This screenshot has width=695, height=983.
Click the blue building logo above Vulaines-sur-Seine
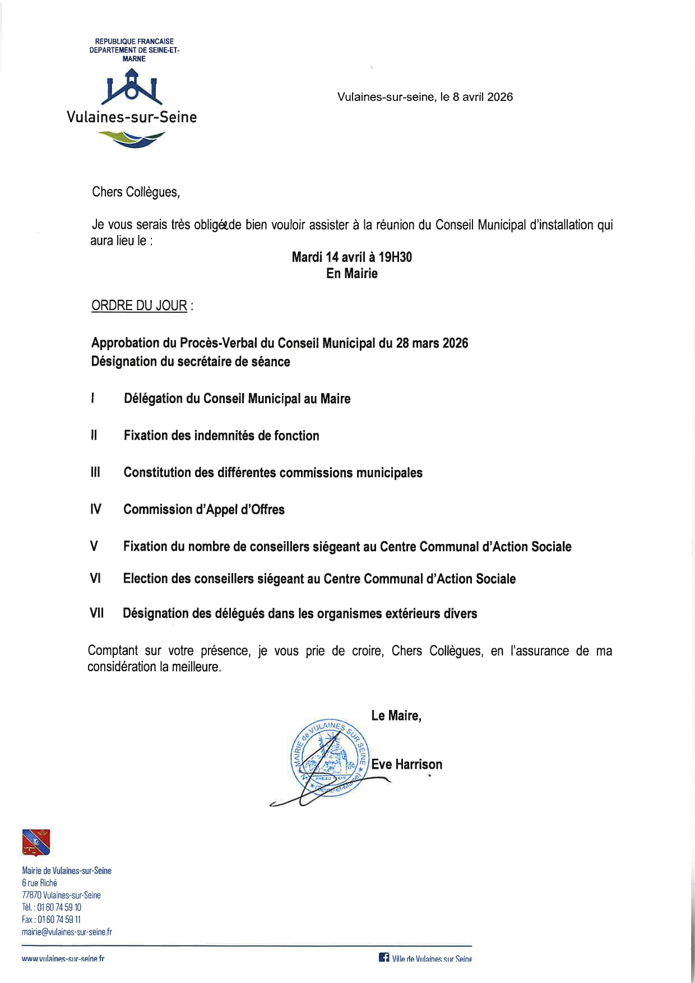(x=132, y=87)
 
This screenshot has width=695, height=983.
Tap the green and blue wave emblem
(x=132, y=138)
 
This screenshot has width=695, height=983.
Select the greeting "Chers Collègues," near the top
(x=136, y=192)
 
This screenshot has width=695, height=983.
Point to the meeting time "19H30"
(x=395, y=257)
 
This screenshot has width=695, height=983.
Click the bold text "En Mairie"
(x=352, y=274)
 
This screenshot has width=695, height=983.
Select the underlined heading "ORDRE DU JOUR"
(x=139, y=306)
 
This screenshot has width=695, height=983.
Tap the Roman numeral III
(x=95, y=472)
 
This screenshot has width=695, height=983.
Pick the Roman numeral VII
(x=97, y=613)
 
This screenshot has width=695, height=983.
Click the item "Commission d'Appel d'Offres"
(x=204, y=509)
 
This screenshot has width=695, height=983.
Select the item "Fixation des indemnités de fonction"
(x=221, y=436)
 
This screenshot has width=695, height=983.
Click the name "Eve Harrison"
(x=406, y=764)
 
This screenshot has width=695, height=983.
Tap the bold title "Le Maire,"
(x=396, y=716)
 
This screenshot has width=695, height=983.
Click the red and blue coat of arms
(x=36, y=842)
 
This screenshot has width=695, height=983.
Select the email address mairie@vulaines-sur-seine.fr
(x=67, y=932)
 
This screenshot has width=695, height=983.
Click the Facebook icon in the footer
(x=384, y=958)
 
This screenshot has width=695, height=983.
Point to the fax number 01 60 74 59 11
(x=59, y=920)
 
